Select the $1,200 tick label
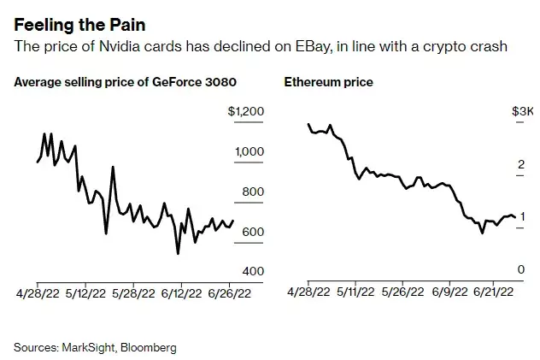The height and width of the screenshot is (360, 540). click(246, 112)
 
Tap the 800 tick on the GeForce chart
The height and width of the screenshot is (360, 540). click(253, 192)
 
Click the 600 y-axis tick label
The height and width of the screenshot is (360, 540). click(253, 232)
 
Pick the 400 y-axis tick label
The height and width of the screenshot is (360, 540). click(253, 271)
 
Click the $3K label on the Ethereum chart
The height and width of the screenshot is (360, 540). click(523, 112)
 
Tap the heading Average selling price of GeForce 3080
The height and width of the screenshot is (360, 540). click(126, 82)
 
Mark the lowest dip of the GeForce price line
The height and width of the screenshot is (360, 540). click(178, 253)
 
